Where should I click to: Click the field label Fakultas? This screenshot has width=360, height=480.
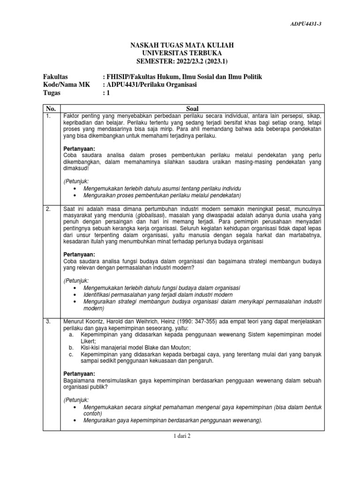56,76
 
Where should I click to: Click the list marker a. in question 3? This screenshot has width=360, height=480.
71,335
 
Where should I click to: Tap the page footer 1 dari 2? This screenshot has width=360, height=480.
180,435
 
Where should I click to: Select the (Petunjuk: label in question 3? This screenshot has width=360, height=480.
76,399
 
